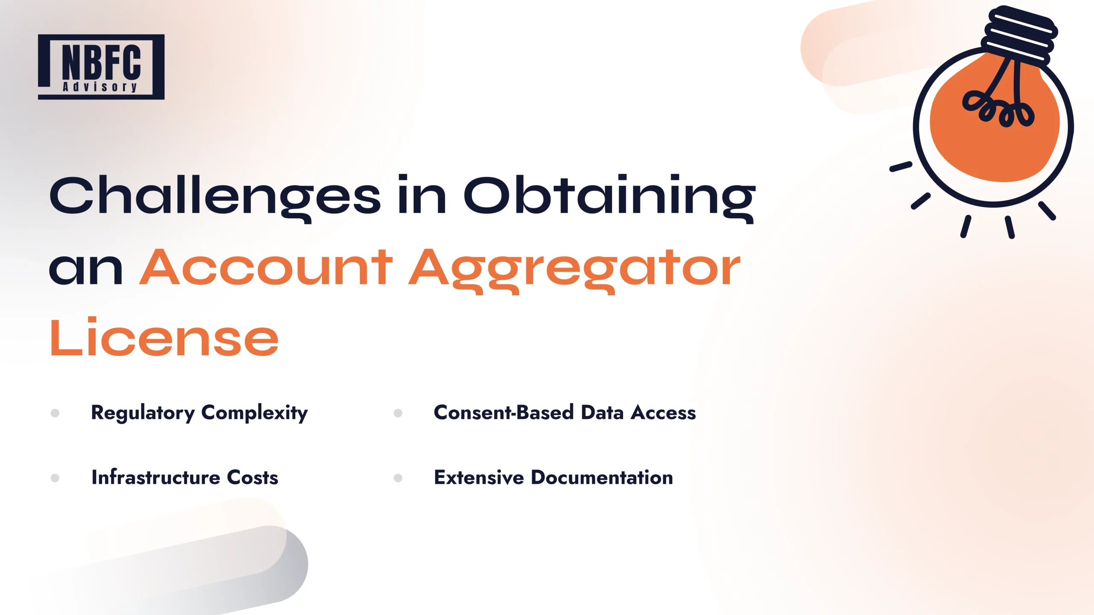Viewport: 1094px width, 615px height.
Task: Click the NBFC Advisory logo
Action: click(101, 67)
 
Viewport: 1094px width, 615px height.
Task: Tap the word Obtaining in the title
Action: click(609, 196)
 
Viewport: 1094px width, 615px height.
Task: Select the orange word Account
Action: click(266, 268)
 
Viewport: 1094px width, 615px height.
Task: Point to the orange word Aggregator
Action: click(574, 268)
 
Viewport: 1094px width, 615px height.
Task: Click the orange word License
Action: click(165, 337)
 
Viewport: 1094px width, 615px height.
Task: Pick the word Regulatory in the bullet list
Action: click(143, 413)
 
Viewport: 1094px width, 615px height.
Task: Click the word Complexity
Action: click(254, 413)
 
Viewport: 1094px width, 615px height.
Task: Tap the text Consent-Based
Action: click(503, 413)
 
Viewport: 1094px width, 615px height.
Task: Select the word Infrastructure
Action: click(156, 477)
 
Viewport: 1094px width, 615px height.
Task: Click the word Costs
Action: click(253, 477)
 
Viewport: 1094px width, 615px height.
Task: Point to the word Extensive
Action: click(479, 477)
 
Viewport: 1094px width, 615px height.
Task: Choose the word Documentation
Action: click(602, 477)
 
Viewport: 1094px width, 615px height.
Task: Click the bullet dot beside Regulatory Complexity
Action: click(55, 413)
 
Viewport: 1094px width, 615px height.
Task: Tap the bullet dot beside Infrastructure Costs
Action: click(55, 478)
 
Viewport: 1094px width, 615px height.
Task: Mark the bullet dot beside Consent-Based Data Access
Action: click(398, 413)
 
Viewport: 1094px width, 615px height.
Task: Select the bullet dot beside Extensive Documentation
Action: click(398, 478)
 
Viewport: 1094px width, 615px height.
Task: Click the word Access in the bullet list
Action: click(664, 413)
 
